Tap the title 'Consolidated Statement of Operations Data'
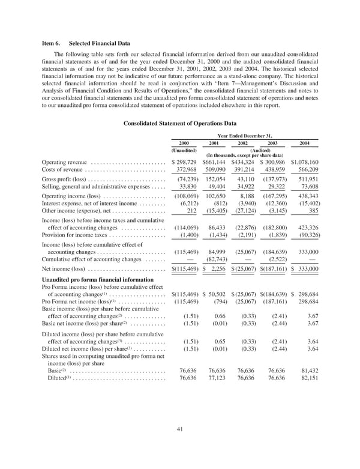click(x=180, y=124)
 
